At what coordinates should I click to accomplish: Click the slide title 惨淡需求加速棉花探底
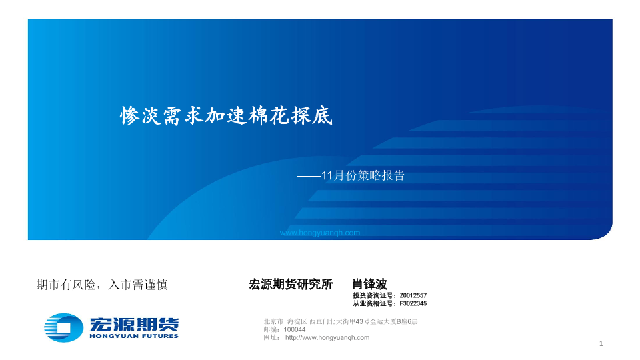tap(226, 115)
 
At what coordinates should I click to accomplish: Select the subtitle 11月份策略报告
tap(363, 175)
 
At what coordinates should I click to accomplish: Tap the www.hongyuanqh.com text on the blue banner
tap(319, 233)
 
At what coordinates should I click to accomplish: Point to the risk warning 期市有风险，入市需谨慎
tap(102, 285)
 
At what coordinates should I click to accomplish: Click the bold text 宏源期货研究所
tap(291, 284)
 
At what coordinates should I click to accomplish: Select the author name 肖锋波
tap(369, 284)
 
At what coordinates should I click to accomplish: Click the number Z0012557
tap(413, 295)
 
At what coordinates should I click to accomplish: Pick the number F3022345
tap(413, 304)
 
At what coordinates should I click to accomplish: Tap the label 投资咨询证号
tap(374, 295)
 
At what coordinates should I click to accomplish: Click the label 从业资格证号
tap(374, 304)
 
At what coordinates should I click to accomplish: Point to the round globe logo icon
tap(63, 327)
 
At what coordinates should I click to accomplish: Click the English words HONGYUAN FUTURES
tap(134, 336)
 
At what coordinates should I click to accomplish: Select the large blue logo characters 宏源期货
tap(134, 324)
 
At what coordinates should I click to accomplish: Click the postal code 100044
tap(294, 330)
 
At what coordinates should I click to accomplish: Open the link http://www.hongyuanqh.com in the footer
tap(327, 338)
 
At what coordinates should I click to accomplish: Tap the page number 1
tap(601, 344)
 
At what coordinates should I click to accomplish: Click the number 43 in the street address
tap(359, 321)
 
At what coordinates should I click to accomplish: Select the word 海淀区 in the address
tap(297, 321)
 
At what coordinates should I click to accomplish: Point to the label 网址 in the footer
tap(270, 338)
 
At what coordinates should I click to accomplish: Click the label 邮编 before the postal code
tap(270, 330)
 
